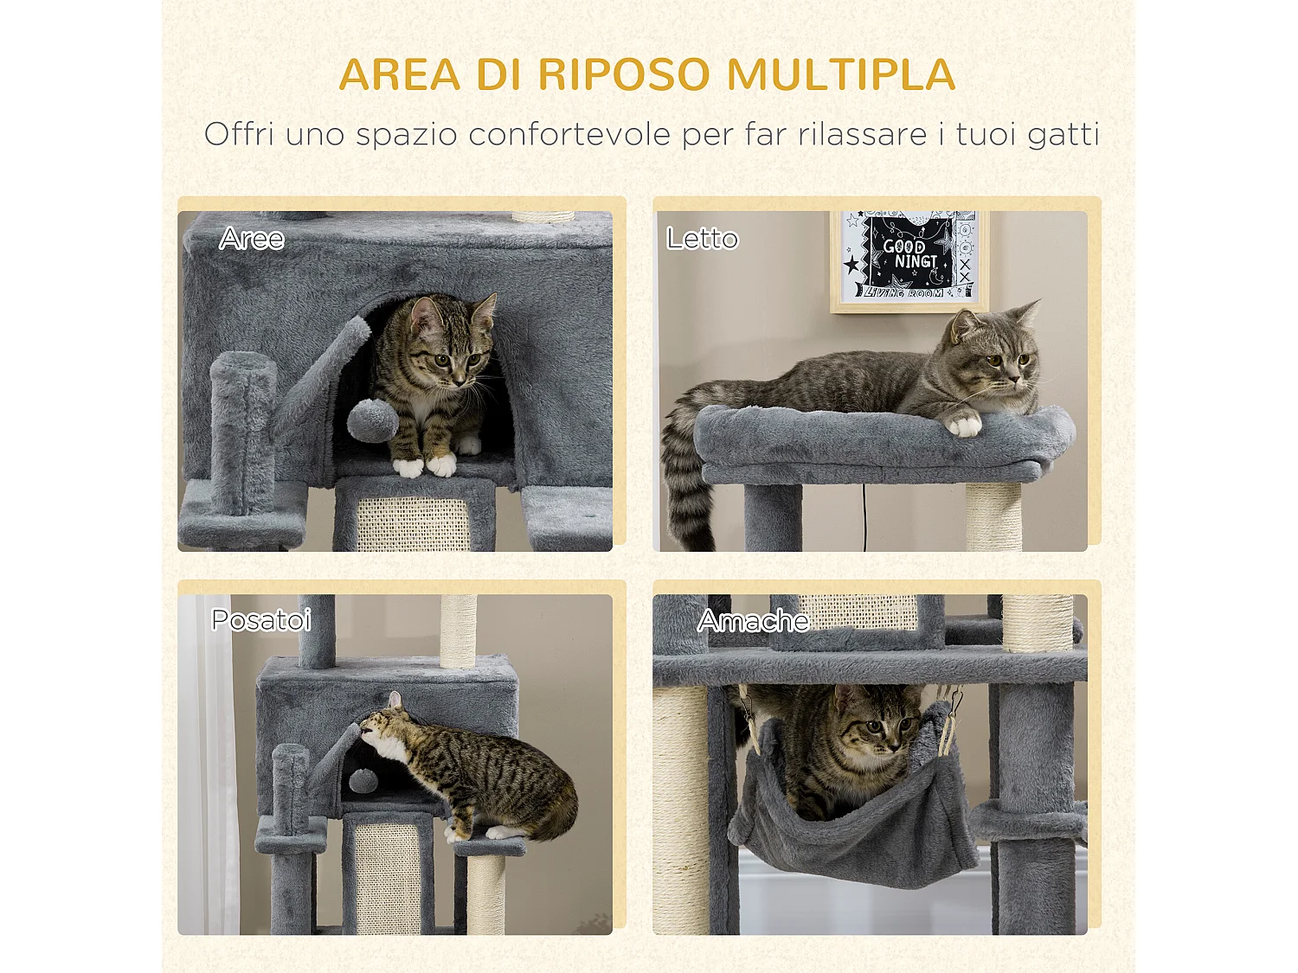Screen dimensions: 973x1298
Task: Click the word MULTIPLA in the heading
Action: pyautogui.click(x=840, y=74)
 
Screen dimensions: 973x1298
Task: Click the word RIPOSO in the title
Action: pyautogui.click(x=623, y=74)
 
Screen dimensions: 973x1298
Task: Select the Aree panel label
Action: pyautogui.click(x=252, y=239)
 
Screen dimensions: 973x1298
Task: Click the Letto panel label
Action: pyautogui.click(x=702, y=239)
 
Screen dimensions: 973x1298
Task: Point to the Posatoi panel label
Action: pyautogui.click(x=261, y=620)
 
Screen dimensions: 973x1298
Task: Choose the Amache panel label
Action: pyautogui.click(x=753, y=621)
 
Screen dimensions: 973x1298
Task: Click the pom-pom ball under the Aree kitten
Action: pyautogui.click(x=372, y=420)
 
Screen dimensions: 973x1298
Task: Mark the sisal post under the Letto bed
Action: pyautogui.click(x=993, y=516)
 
